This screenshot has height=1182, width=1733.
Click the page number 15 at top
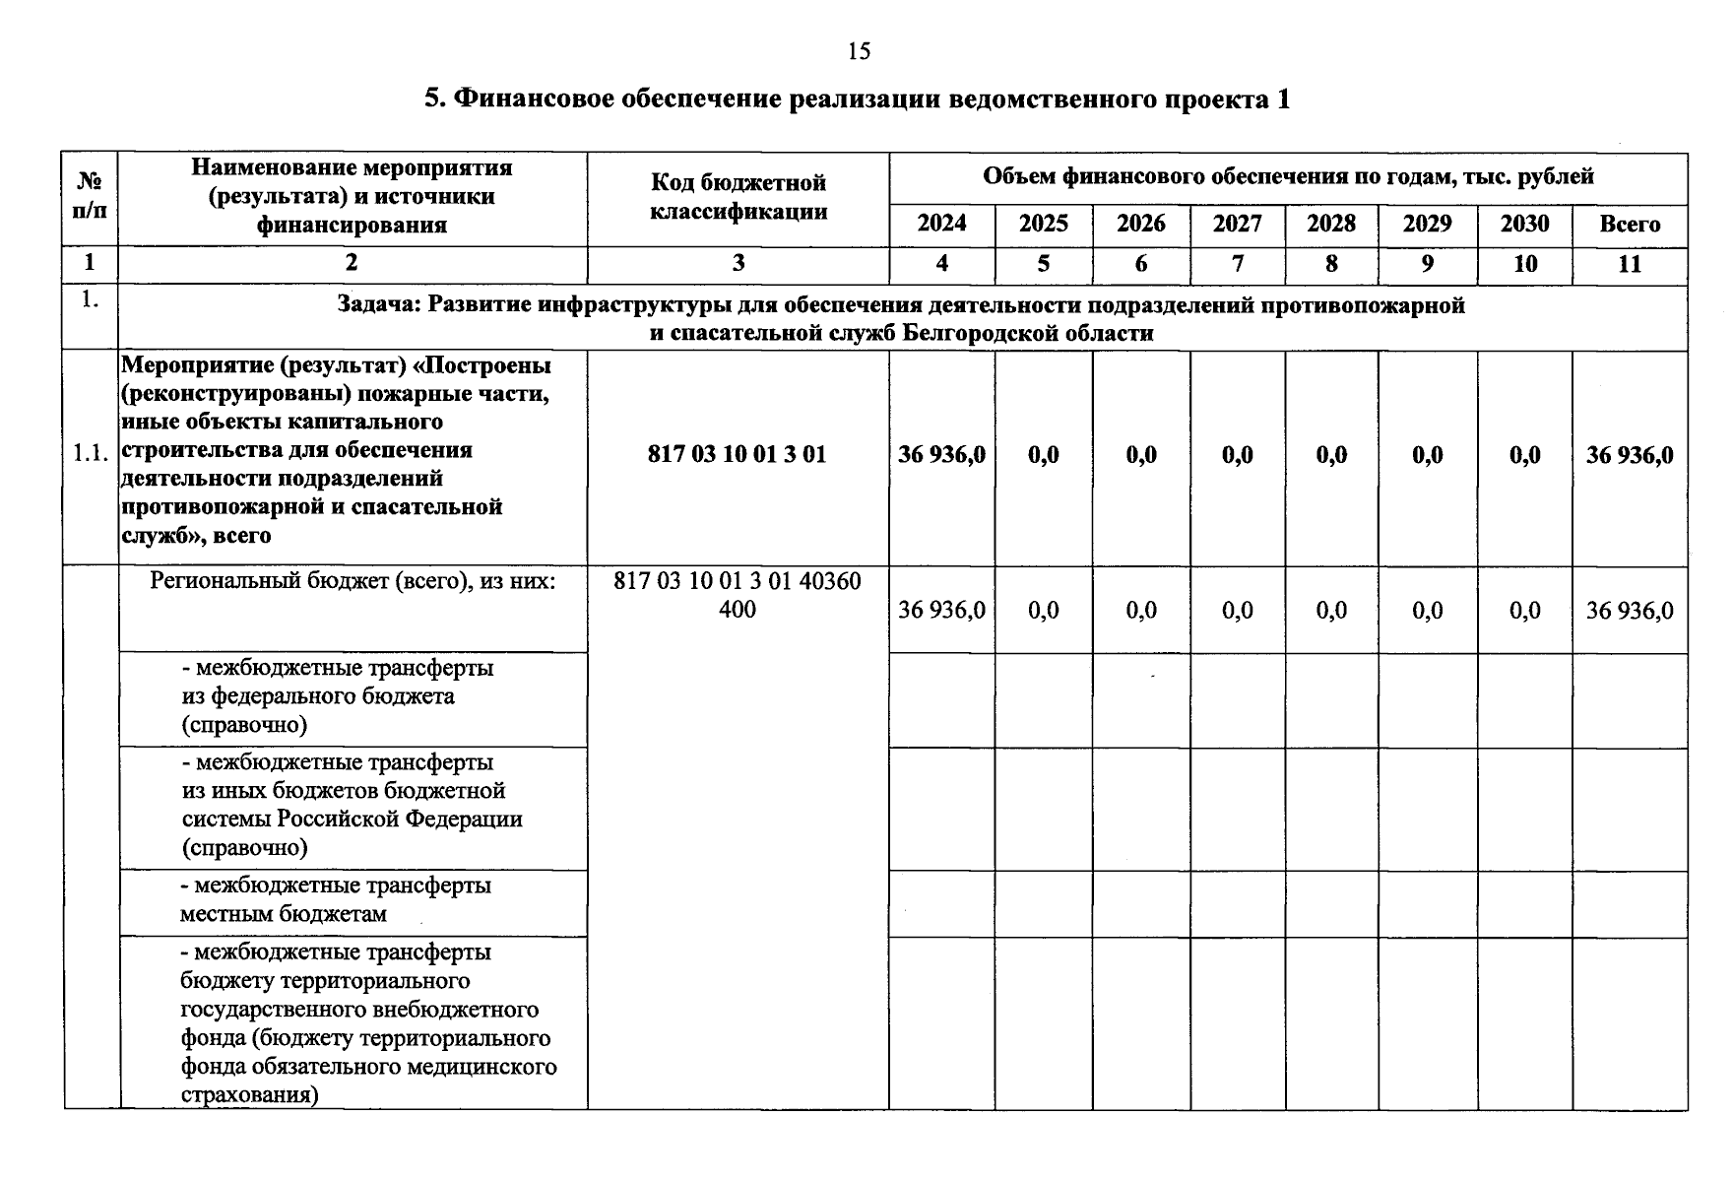pos(859,51)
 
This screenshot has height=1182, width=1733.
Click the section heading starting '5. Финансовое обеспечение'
pos(857,99)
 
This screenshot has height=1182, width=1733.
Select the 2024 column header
pos(941,224)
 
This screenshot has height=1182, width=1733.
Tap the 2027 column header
pos(1237,224)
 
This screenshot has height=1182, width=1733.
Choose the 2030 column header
pos(1524,224)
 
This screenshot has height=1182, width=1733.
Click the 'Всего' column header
pos(1630,224)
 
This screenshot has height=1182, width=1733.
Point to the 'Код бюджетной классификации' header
pos(738,197)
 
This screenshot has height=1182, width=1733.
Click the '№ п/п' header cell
pos(90,196)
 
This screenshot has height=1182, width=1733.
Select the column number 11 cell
pos(1630,264)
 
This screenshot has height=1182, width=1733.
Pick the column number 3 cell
pos(738,263)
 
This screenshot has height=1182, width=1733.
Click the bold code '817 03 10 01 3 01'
pos(737,454)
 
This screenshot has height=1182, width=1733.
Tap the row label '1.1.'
pos(90,454)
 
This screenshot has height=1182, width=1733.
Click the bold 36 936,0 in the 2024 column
pos(941,454)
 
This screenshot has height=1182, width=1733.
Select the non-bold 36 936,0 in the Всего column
pos(1630,611)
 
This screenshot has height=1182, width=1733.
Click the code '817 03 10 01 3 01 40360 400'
pos(737,595)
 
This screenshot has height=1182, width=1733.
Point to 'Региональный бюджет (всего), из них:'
pos(353,581)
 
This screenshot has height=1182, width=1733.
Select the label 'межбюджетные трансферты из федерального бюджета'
pos(337,696)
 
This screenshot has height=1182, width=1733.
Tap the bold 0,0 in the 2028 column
pos(1331,454)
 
